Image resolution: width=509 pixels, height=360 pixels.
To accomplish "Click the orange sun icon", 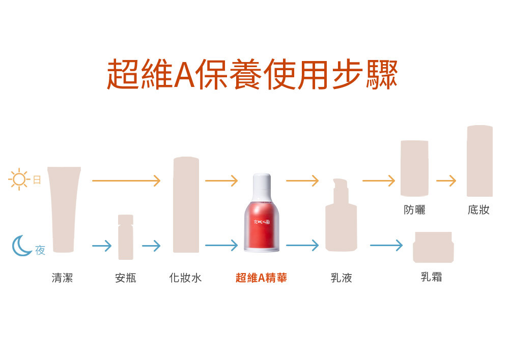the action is (19, 179).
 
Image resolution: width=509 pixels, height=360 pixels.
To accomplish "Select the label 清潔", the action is (62, 278).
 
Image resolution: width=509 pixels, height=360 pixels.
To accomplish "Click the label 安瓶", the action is (126, 278).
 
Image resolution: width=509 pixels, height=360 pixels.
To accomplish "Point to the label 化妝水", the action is (185, 278).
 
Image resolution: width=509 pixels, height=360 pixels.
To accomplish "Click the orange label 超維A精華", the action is (261, 278).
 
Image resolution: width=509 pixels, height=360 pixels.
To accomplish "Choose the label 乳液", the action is (341, 278).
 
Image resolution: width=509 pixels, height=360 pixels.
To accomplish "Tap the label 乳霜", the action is (432, 277).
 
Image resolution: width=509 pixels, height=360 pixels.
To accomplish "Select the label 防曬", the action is (414, 209).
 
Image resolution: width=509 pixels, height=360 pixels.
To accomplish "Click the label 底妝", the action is (478, 209).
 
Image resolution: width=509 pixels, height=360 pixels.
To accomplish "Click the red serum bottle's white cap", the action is (262, 187).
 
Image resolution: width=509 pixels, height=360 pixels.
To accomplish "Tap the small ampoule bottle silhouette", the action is (126, 237).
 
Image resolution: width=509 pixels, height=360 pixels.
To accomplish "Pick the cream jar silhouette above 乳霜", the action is (433, 247).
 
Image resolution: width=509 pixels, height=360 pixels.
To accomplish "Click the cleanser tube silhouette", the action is (64, 209).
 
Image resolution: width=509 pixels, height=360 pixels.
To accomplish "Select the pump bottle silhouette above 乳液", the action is (341, 215).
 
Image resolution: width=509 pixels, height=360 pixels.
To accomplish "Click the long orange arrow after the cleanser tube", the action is (126, 181).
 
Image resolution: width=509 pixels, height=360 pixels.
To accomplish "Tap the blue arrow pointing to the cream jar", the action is (386, 245).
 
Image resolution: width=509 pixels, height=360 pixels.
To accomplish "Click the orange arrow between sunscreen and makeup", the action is (446, 181).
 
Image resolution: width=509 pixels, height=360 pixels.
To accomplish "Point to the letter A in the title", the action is (184, 75).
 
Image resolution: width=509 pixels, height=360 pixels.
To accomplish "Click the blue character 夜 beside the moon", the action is (40, 250).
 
